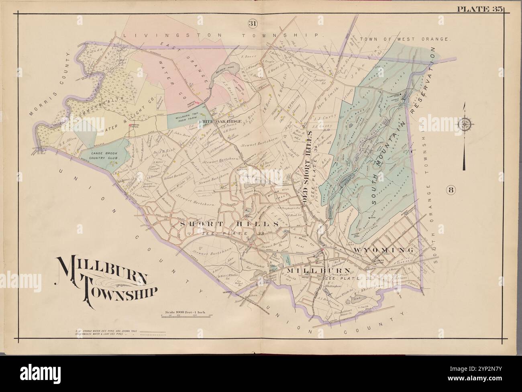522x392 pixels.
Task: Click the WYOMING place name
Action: pyautogui.click(x=383, y=250)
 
